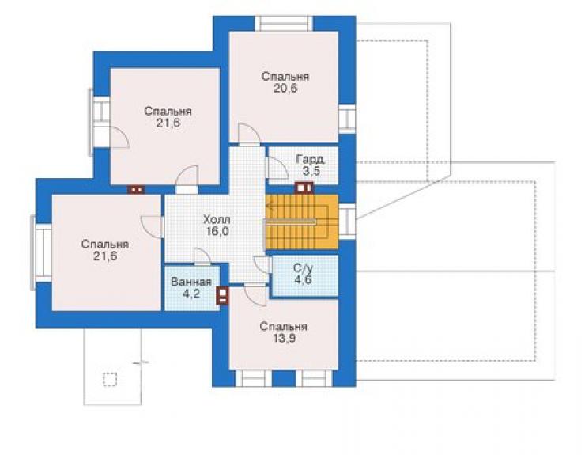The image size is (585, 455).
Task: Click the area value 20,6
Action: [285, 89]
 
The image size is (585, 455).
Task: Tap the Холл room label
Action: [217, 219]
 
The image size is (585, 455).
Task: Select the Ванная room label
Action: [191, 282]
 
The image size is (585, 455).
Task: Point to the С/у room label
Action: [303, 267]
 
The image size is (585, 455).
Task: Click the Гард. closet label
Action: [311, 160]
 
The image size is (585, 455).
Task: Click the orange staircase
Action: [301, 222]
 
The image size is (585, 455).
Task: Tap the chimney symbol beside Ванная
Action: [223, 295]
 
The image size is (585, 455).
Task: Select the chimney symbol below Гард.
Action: [304, 188]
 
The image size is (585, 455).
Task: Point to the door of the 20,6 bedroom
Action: [249, 134]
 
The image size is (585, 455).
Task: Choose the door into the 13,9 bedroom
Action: [255, 294]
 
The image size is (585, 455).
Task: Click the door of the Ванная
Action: [202, 256]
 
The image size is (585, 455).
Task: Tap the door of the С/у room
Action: [262, 265]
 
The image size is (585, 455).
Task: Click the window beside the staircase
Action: [347, 222]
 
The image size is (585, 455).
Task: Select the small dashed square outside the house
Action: [110, 379]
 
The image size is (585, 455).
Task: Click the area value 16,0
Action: [217, 231]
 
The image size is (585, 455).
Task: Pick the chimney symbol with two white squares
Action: [136, 190]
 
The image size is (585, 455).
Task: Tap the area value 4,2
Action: [191, 294]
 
